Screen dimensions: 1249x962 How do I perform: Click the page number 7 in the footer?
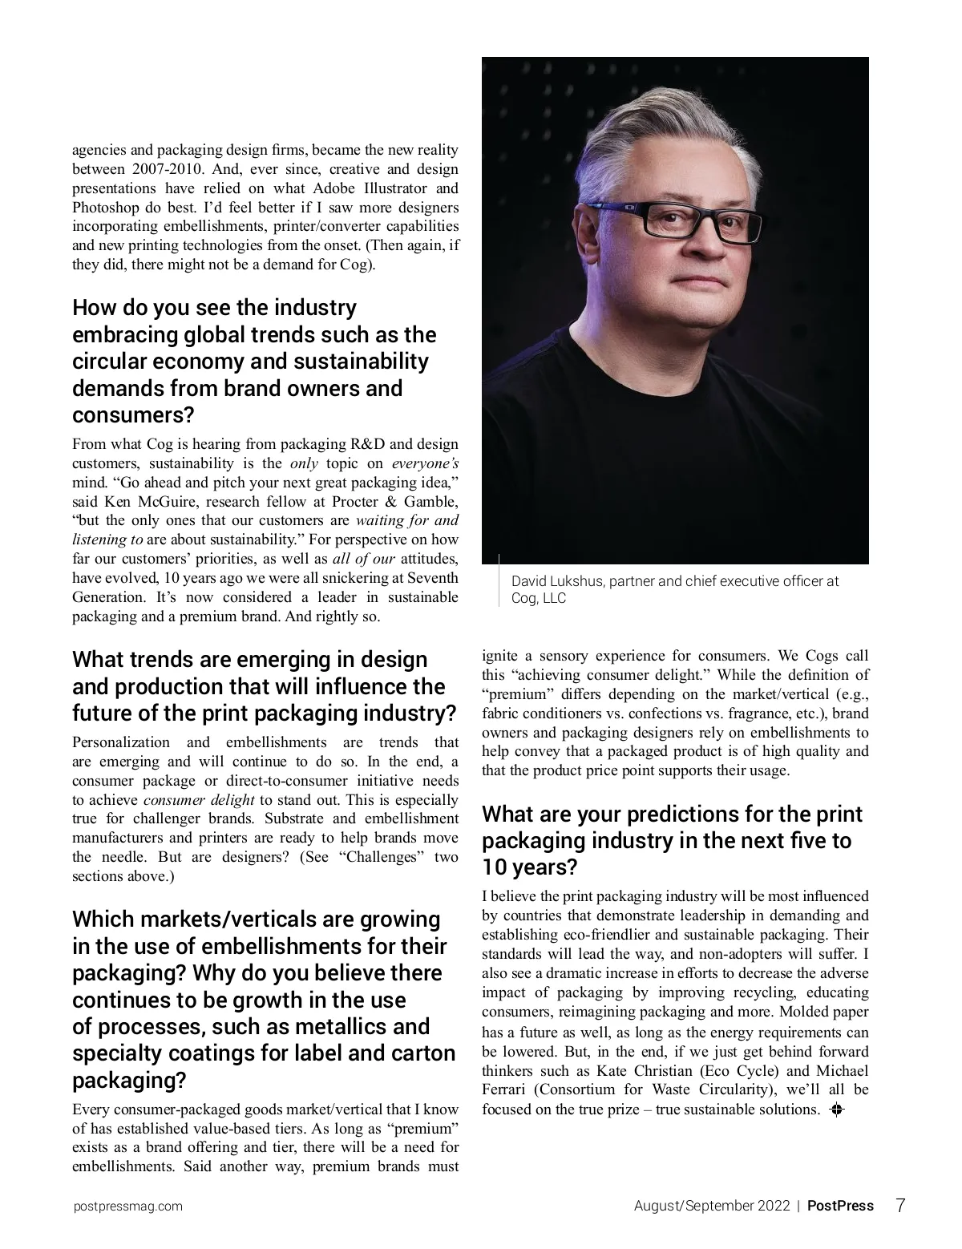coord(900,1205)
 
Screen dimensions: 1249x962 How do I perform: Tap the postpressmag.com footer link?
coord(127,1206)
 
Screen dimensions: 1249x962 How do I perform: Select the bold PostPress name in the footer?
coord(840,1206)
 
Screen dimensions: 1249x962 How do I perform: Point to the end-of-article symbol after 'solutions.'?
coord(837,1110)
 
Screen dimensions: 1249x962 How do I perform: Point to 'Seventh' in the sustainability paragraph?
coord(433,578)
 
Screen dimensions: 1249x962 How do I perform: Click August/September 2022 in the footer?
coord(712,1206)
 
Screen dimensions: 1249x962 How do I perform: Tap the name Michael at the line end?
coord(843,1071)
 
